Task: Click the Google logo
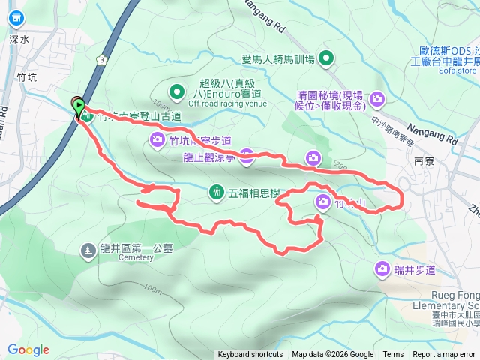click(x=28, y=349)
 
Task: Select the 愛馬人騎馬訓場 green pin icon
click(x=327, y=58)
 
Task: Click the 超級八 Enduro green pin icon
click(x=176, y=92)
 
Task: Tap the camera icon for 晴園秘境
click(x=377, y=98)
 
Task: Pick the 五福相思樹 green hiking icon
click(x=216, y=193)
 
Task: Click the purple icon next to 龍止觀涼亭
click(x=247, y=156)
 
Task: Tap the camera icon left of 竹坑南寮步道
click(x=157, y=138)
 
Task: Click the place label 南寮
click(x=424, y=161)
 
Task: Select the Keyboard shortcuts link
click(x=250, y=355)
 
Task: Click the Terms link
click(x=393, y=355)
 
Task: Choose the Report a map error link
click(x=443, y=355)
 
